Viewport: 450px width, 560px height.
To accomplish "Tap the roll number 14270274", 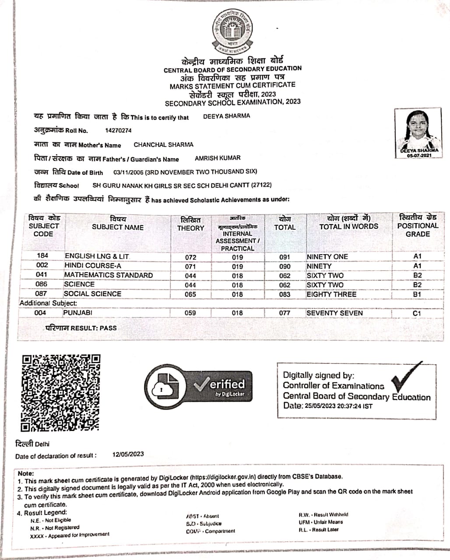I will pyautogui.click(x=118, y=130).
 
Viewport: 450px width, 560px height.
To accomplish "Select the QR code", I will pyautogui.click(x=61, y=392).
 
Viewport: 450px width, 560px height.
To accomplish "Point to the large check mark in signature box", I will pyautogui.click(x=407, y=377).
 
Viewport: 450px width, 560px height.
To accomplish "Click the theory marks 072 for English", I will pyautogui.click(x=190, y=257).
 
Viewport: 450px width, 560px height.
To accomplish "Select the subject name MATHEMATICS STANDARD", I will pyautogui.click(x=109, y=275).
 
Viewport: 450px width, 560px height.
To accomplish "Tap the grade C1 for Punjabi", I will pyautogui.click(x=417, y=313).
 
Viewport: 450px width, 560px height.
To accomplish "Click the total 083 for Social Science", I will pyautogui.click(x=285, y=294).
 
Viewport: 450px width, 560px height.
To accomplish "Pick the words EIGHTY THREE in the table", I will pyautogui.click(x=331, y=294).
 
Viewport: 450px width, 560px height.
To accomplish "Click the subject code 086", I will pyautogui.click(x=42, y=284).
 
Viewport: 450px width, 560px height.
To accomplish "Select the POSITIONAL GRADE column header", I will pyautogui.click(x=418, y=226).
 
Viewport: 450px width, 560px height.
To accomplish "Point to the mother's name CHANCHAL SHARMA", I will pyautogui.click(x=163, y=145).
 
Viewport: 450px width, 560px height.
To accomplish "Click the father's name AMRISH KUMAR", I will pyautogui.click(x=218, y=158).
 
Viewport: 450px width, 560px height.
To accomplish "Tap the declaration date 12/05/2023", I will pyautogui.click(x=128, y=454).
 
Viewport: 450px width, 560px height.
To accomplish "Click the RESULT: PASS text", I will pyautogui.click(x=81, y=328).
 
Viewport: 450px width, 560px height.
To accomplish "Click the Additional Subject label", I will pyautogui.click(x=48, y=303).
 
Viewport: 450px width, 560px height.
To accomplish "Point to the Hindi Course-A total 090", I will pyautogui.click(x=285, y=266).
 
